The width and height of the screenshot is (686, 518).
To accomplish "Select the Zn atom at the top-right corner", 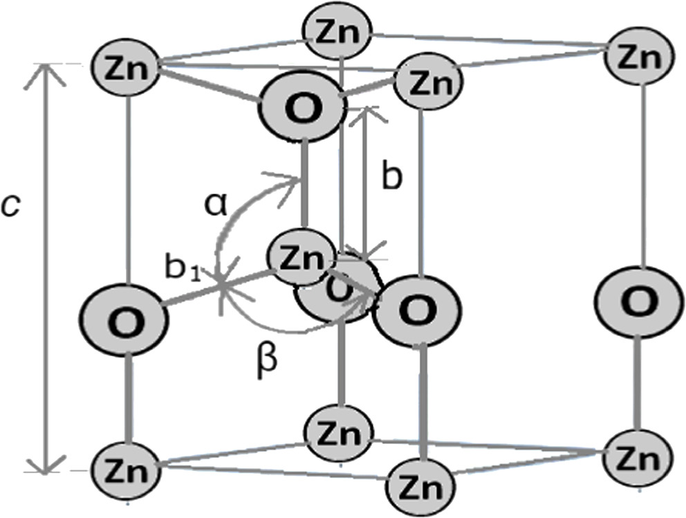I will pyautogui.click(x=638, y=56).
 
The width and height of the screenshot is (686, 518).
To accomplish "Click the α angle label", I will pyautogui.click(x=216, y=205).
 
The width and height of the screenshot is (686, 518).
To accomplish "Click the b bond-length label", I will pyautogui.click(x=391, y=178).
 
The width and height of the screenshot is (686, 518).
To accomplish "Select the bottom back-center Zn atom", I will pyautogui.click(x=340, y=434).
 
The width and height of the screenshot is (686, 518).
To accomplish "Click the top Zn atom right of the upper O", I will pyautogui.click(x=427, y=83).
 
